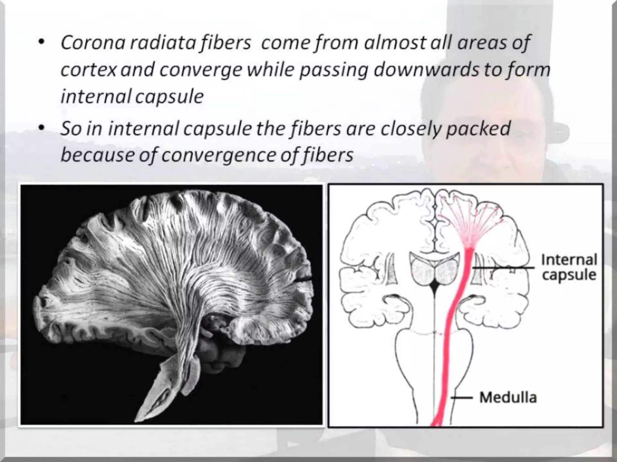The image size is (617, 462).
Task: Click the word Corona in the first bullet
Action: [x=93, y=42]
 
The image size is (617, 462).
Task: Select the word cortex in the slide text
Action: [x=88, y=70]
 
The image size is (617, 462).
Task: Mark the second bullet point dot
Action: [x=42, y=128]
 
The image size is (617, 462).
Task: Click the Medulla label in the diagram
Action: [x=508, y=397]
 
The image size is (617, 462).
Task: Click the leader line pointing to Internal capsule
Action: [x=503, y=267]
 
